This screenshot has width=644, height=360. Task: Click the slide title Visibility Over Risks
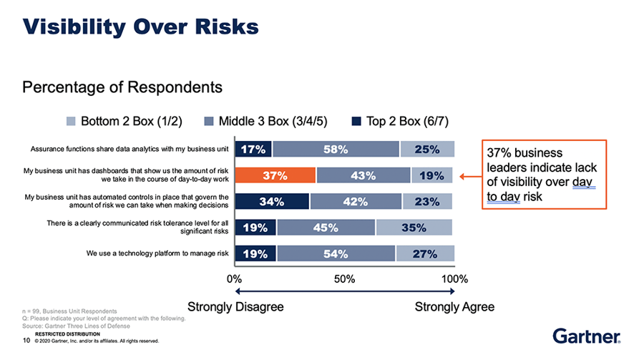coord(140,27)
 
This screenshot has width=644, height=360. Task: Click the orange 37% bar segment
coord(275,175)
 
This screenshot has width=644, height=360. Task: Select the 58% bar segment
coord(336,150)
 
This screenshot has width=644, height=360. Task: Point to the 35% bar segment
coord(415,228)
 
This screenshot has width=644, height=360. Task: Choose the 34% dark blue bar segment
coord(272,201)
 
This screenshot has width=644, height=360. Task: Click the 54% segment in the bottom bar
coord(336,253)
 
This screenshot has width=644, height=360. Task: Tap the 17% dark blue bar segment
coord(253,150)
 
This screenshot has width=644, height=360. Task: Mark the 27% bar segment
coord(425,253)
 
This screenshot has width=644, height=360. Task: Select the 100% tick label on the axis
coord(454,278)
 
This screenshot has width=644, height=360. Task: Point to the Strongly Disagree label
coord(235,307)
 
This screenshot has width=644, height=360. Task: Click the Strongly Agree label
coord(454,307)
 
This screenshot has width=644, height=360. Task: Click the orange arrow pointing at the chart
coord(470,175)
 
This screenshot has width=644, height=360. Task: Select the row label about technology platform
coord(158,253)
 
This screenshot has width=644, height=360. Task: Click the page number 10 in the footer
coord(26,341)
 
